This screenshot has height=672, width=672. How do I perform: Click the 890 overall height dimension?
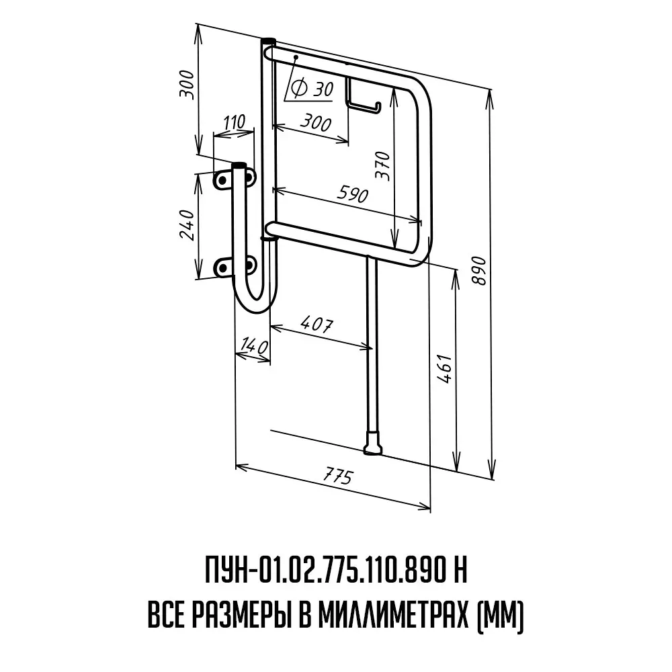pos(479,271)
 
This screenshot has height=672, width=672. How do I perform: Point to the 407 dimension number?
pos(317,324)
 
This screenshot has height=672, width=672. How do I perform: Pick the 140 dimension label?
pos(255,345)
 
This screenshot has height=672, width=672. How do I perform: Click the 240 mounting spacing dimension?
pos(187,224)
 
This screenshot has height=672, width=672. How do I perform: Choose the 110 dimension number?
pos(235,122)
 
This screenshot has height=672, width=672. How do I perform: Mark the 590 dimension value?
pos(352,194)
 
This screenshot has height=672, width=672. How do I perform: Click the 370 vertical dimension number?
pos(383,166)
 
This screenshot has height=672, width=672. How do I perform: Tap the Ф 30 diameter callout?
pos(312,89)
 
